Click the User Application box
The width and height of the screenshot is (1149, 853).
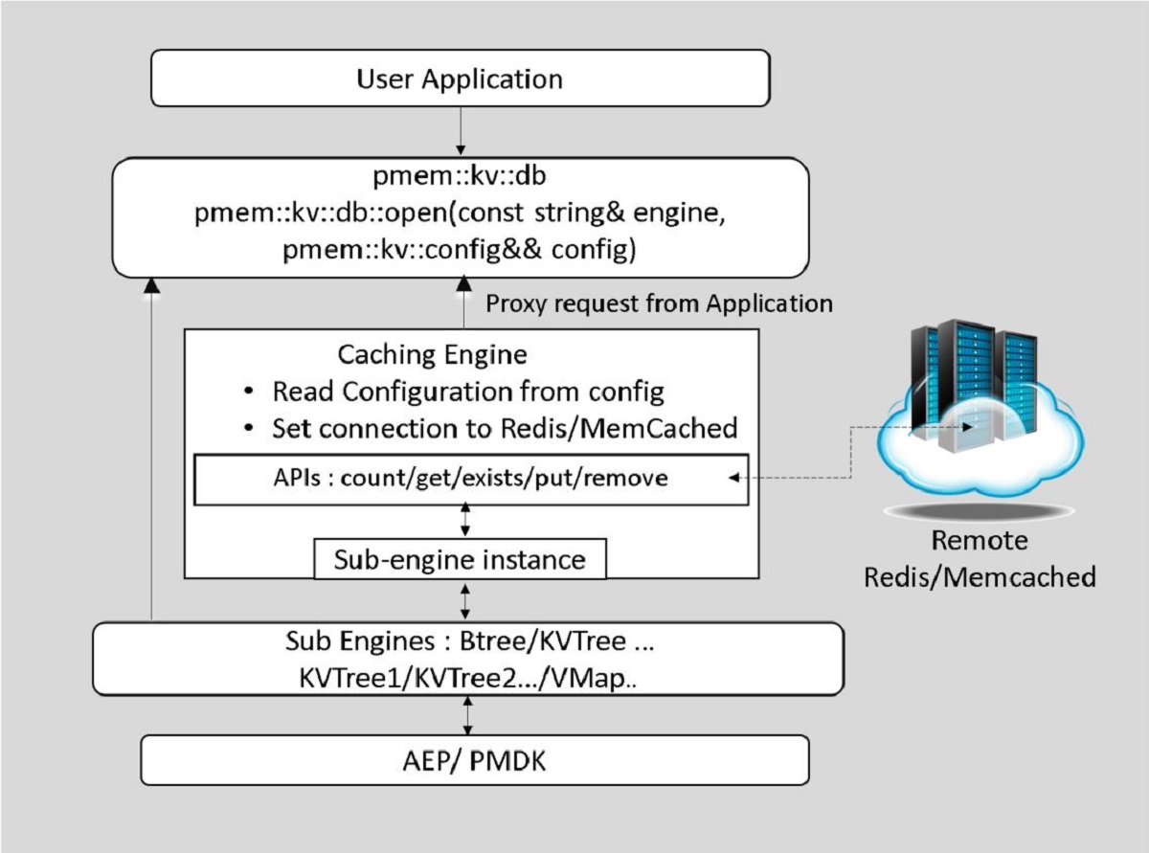point(461,79)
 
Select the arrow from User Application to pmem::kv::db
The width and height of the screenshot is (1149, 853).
point(461,129)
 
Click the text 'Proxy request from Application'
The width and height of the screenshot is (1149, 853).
point(660,304)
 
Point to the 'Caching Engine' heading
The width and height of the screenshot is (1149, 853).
point(432,355)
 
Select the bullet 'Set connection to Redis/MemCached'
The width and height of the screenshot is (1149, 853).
point(505,428)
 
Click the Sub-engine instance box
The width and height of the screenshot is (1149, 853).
point(461,559)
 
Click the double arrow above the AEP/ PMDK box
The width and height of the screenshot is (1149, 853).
point(466,715)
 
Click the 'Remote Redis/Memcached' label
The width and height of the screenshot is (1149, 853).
point(980,559)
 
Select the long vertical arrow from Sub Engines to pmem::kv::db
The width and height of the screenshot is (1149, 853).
point(150,450)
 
